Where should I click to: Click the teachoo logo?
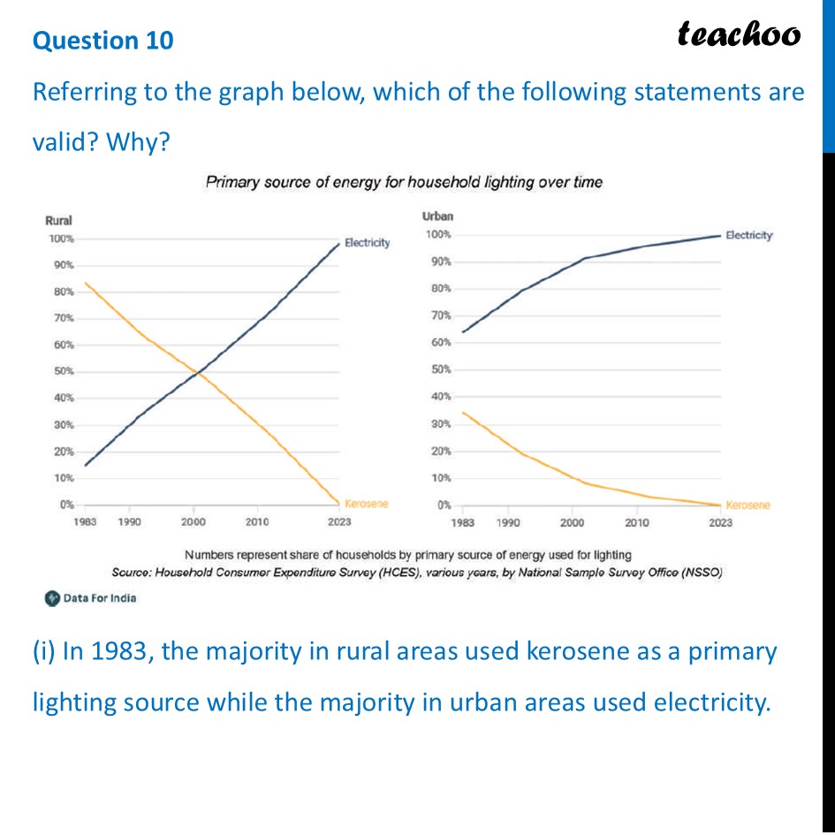point(739,34)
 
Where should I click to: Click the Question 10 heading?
point(103,41)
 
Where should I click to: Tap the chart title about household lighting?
point(404,183)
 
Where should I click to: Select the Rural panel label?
point(58,221)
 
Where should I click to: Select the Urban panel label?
point(439,216)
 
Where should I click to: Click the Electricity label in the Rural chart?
point(367,242)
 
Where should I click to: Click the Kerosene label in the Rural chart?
point(366,504)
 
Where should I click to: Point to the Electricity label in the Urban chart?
point(748,235)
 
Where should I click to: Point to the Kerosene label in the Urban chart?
point(748,505)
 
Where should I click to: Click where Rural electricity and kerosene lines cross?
point(196,375)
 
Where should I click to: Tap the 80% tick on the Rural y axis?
point(61,292)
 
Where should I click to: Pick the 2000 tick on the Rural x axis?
point(194,522)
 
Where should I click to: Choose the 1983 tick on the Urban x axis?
point(462,523)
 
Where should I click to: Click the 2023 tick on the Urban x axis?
point(720,523)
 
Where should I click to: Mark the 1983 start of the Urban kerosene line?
point(463,413)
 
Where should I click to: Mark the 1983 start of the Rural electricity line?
point(86,465)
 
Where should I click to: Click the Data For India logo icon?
point(52,598)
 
